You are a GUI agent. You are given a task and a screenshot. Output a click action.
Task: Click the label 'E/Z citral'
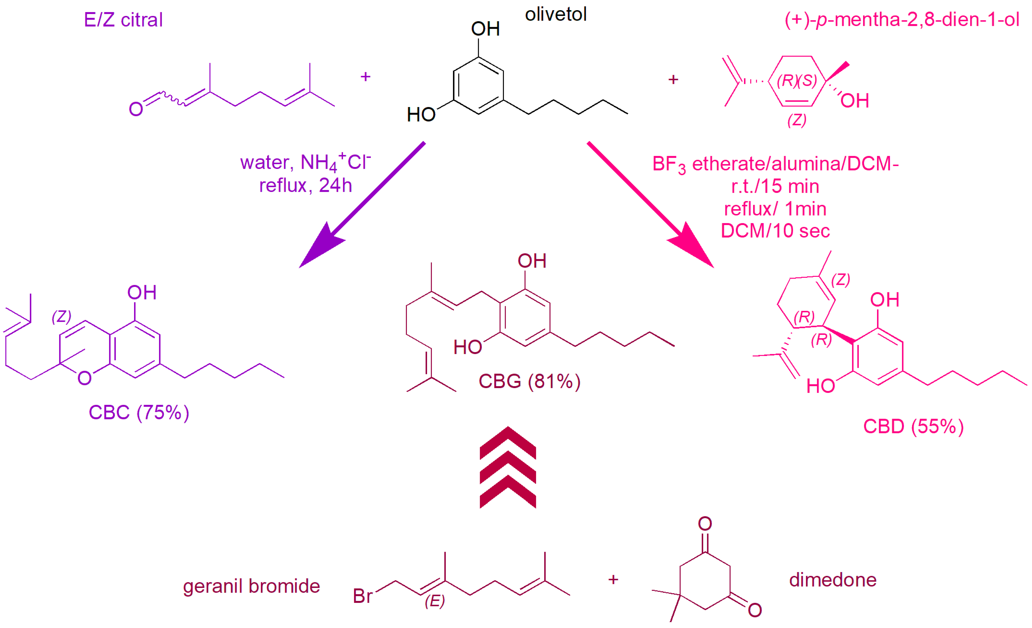click(123, 20)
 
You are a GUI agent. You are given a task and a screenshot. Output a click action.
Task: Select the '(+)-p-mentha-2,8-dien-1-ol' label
click(901, 19)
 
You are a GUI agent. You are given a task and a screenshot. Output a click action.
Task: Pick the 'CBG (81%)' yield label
click(529, 381)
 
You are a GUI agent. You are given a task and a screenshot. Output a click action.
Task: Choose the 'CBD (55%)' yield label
click(913, 426)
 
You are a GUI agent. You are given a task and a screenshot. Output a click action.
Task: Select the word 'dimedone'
click(833, 580)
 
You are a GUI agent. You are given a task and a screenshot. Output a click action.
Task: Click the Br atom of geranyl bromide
click(362, 596)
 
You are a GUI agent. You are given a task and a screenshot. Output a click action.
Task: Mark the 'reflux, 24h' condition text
click(305, 185)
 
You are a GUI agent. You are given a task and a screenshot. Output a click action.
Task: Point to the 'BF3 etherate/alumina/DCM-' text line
click(775, 164)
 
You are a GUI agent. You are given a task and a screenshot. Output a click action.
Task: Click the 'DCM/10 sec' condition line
click(775, 231)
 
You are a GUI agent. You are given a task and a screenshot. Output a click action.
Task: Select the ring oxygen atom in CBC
click(85, 378)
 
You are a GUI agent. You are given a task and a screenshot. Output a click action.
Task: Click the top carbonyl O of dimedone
click(705, 523)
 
